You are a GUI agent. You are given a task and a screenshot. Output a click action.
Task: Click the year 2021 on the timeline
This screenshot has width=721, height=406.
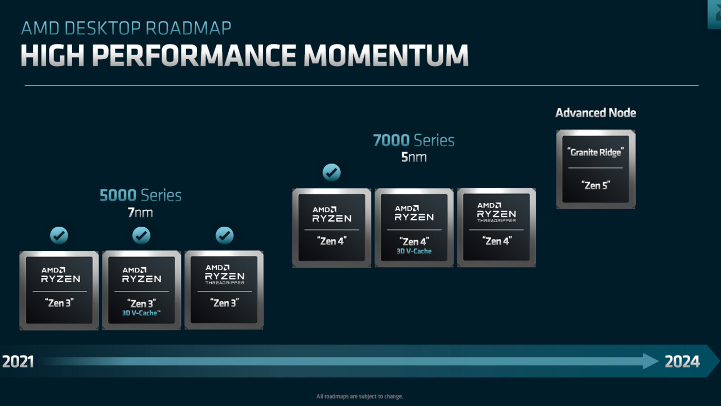[x=18, y=361]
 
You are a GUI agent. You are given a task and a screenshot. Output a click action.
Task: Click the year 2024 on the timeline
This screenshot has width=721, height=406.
[x=682, y=361]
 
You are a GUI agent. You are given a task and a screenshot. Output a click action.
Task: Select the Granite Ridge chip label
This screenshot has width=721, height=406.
[x=595, y=152]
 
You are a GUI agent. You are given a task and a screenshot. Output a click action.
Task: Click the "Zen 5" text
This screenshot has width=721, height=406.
[x=595, y=184]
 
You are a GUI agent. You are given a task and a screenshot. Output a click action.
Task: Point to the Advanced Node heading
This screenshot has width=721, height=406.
[x=595, y=113]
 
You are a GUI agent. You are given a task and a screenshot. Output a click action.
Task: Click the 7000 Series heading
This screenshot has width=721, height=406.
[x=413, y=140]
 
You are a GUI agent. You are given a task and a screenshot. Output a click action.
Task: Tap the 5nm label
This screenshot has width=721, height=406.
[x=413, y=157]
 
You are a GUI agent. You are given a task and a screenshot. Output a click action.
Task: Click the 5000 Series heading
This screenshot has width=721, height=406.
[x=140, y=196]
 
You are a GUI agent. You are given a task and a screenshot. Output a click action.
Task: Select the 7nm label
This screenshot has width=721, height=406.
[x=140, y=213]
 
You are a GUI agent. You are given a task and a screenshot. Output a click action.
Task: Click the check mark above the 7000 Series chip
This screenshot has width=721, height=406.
[x=331, y=172]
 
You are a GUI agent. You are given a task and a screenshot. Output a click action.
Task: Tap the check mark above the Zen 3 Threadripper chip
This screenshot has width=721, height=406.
[x=224, y=235]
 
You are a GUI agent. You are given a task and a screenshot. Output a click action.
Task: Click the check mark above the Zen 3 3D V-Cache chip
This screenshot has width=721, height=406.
[x=141, y=235]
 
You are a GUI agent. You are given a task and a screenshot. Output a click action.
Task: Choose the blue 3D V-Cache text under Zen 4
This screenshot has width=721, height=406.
[x=414, y=251]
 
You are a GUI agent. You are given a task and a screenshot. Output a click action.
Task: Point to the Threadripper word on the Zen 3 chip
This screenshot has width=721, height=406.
[x=224, y=283]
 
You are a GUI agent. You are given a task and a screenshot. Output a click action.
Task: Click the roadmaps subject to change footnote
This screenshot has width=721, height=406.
[x=360, y=396]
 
